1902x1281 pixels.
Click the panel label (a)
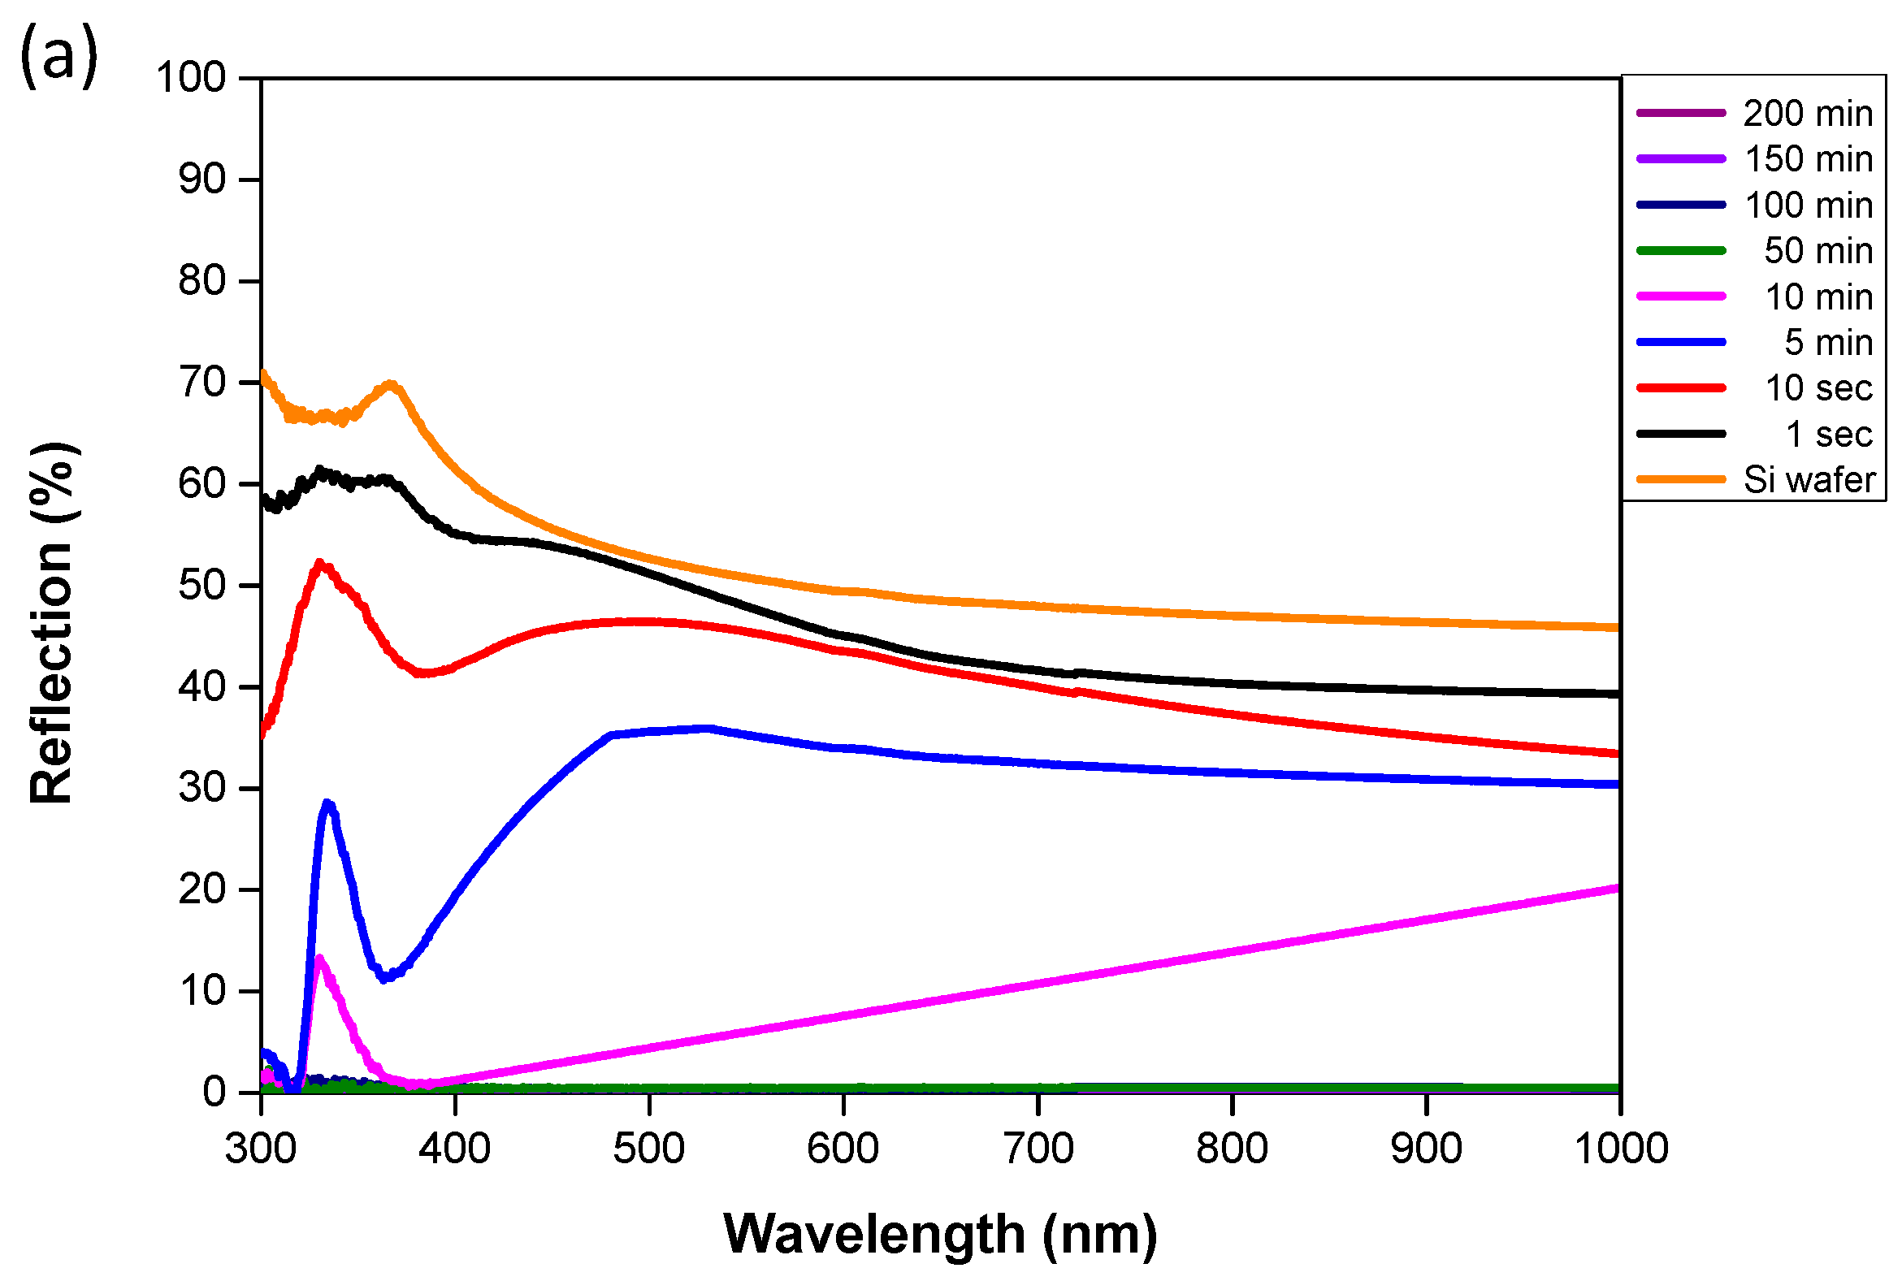58,55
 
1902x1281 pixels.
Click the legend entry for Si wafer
1808,480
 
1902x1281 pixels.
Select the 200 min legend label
1807,114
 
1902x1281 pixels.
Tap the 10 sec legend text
1818,388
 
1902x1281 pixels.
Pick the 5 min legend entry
1827,342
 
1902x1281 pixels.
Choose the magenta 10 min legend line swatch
1680,296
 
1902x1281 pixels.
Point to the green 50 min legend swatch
1680,251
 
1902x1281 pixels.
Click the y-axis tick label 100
190,79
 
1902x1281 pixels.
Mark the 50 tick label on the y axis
201,586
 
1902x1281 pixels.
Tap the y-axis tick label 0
214,1093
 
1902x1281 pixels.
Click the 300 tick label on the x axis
261,1149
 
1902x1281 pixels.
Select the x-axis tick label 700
1038,1149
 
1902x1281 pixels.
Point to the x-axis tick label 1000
1620,1149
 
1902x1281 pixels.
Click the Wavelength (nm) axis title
940,1234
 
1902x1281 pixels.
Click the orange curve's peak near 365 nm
392,384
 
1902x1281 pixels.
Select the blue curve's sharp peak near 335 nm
327,804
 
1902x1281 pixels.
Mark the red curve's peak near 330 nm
319,563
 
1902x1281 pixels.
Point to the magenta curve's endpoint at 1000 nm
1618,888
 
